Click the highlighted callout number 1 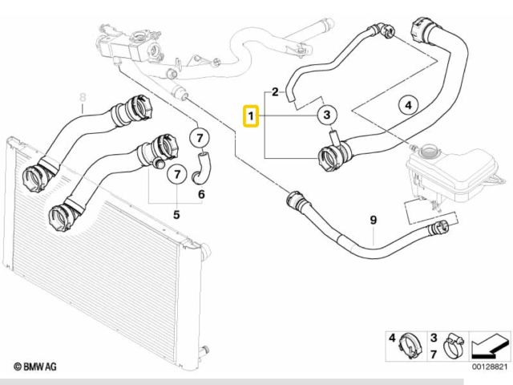tap(252, 118)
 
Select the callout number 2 tap(275, 92)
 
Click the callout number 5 tap(176, 214)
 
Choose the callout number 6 tap(201, 193)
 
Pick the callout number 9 tap(373, 220)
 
